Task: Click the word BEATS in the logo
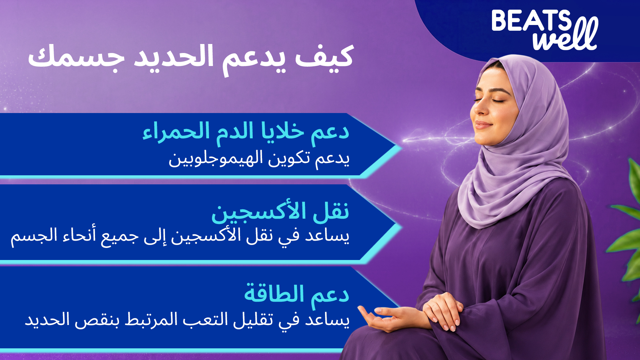(531, 21)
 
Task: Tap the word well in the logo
(566, 35)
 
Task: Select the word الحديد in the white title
(173, 57)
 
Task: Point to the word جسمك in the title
(76, 57)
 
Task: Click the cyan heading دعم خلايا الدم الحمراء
(246, 132)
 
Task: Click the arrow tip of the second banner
(401, 227)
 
